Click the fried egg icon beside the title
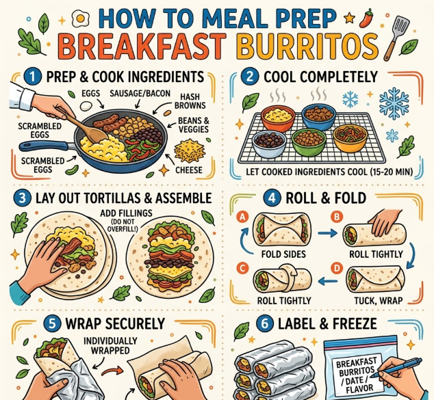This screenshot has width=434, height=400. pos(81,18)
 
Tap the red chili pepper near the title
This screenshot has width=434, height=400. pos(366,18)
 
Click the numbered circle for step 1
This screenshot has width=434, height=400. pos(32,77)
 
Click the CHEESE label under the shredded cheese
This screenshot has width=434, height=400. pos(189,170)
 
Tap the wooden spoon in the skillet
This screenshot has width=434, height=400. pos(83,124)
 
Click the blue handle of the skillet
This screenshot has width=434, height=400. pos(44,145)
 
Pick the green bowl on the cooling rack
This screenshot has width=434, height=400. pos(309,142)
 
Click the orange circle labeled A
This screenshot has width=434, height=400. pos(242,217)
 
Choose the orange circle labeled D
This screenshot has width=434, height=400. pos(337,269)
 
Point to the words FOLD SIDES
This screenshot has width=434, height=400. pos(283,254)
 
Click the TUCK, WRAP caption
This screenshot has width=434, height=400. pos(379,300)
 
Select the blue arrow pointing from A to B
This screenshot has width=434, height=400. pos(327,234)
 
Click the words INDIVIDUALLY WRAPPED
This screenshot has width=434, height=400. pos(110,345)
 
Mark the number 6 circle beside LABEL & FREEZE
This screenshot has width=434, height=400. pos(265,323)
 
